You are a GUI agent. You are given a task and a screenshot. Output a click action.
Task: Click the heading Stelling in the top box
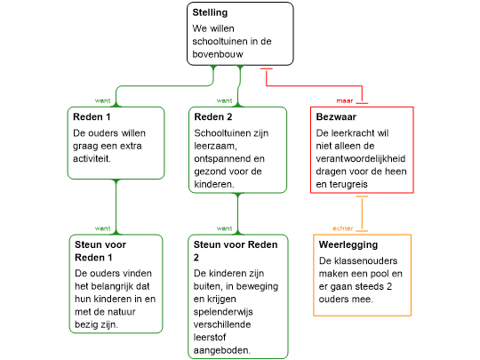click(x=210, y=12)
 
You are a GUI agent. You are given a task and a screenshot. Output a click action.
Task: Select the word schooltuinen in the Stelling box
click(x=220, y=41)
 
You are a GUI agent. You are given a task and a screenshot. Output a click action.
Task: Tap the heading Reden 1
click(x=92, y=117)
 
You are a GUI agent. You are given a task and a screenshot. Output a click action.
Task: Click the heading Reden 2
click(x=213, y=117)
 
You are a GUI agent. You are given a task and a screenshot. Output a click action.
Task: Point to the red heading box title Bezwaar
click(x=336, y=117)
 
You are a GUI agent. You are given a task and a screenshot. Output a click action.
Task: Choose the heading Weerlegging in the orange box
click(x=348, y=245)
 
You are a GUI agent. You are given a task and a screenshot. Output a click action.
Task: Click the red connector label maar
click(x=345, y=100)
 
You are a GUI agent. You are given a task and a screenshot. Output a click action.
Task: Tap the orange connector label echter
click(x=343, y=228)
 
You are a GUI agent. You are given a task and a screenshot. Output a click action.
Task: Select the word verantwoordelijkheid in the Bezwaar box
click(x=361, y=158)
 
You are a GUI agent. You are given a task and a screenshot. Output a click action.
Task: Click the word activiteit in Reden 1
click(x=92, y=158)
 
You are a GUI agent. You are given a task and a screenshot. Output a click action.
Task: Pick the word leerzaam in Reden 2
click(x=215, y=146)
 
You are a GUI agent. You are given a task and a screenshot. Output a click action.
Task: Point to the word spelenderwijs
click(x=223, y=312)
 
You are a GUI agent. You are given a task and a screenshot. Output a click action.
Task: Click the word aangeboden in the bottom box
click(x=222, y=350)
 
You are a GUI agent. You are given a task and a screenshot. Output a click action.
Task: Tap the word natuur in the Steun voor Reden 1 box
click(x=121, y=312)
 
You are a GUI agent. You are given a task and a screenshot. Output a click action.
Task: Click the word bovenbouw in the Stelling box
click(x=218, y=54)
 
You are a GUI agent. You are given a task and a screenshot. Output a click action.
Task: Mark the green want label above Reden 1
click(x=102, y=100)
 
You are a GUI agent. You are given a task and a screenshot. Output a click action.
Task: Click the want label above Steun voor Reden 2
click(x=224, y=228)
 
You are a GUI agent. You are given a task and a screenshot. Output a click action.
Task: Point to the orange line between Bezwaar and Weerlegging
click(x=362, y=213)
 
